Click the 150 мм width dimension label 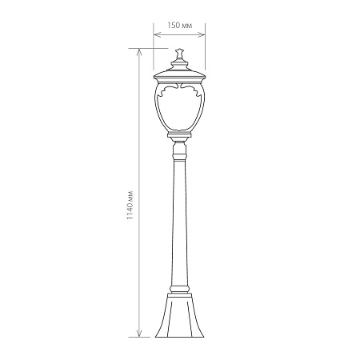pos(180,26)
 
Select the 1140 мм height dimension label pos(130,206)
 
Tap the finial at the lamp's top pos(179,54)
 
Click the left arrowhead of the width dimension pos(157,34)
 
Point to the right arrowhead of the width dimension pos(202,34)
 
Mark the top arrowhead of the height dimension pos(139,52)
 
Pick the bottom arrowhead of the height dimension pos(139,334)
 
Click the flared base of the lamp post pos(179,315)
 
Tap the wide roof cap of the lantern pos(179,75)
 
